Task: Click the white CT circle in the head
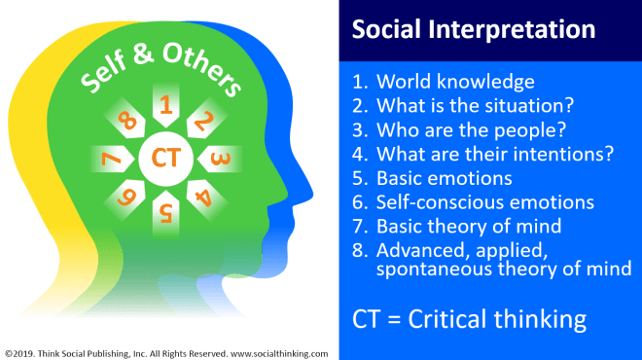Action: pyautogui.click(x=165, y=159)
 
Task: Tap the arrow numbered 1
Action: pyautogui.click(x=165, y=105)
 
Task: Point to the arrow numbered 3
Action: pyautogui.click(x=220, y=159)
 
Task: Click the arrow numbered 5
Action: pyautogui.click(x=165, y=213)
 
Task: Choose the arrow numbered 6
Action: pyautogui.click(x=125, y=198)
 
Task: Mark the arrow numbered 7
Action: pyautogui.click(x=112, y=159)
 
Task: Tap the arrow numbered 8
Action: pyautogui.click(x=125, y=119)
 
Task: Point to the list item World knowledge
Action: pyautogui.click(x=455, y=82)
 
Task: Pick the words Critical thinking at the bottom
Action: pyautogui.click(x=497, y=319)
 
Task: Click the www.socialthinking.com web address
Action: pyautogui.click(x=279, y=354)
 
